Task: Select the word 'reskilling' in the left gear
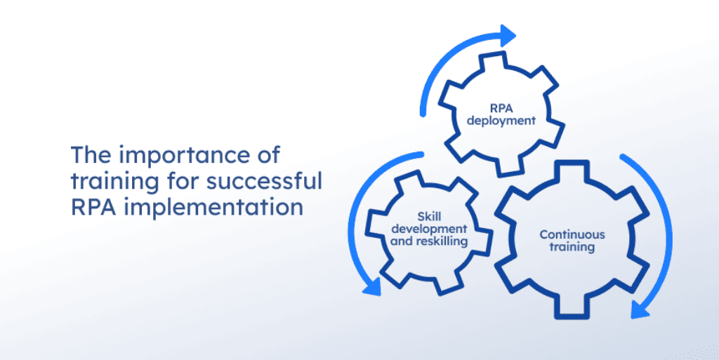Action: (x=441, y=241)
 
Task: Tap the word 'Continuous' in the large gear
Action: (x=572, y=234)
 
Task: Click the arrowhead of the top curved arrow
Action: (x=507, y=34)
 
